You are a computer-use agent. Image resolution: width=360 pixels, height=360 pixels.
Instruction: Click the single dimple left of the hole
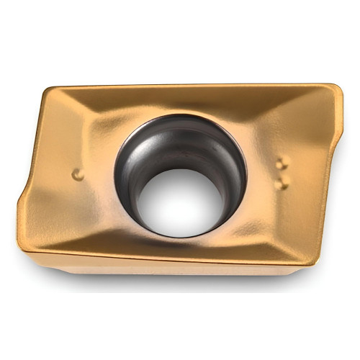pos(78,174)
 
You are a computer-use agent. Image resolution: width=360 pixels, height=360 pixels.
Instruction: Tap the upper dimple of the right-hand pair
pos(282,163)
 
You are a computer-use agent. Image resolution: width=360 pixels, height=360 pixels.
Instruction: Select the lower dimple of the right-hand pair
pos(282,184)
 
